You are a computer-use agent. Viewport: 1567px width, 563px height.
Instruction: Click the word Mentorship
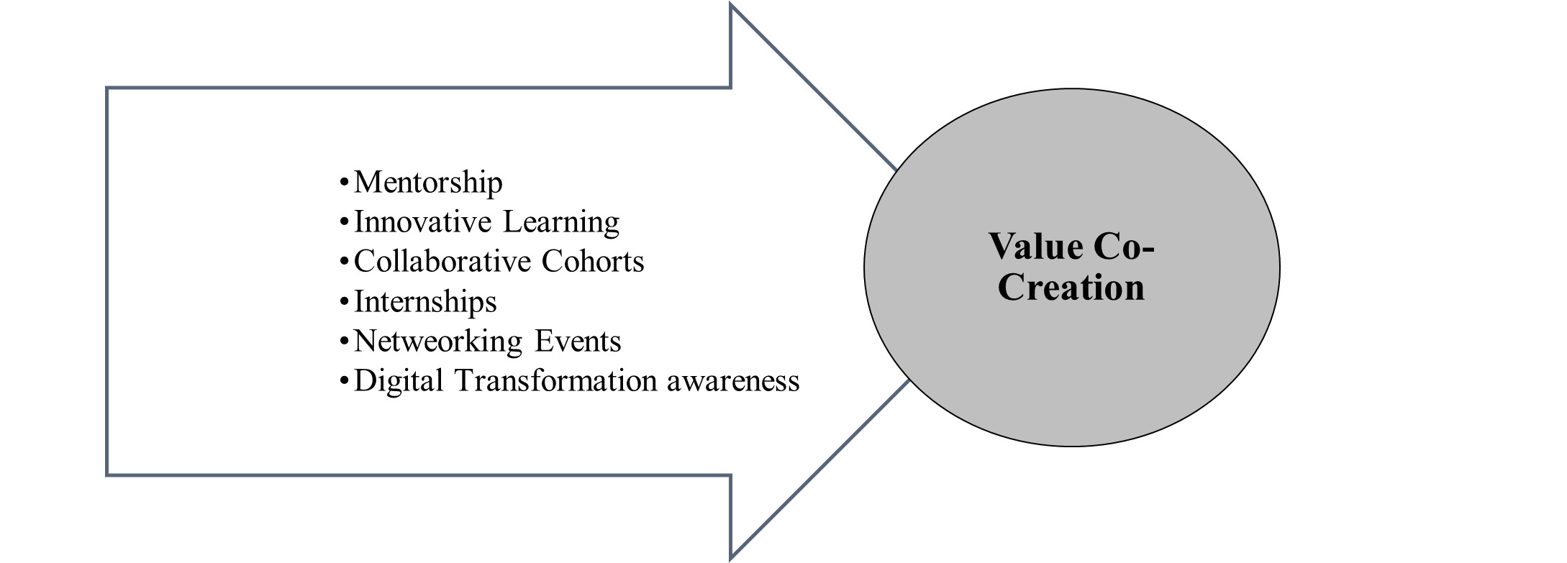click(x=428, y=183)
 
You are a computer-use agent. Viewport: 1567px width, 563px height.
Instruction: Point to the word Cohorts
click(x=593, y=262)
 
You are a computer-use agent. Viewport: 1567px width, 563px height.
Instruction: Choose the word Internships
click(x=425, y=302)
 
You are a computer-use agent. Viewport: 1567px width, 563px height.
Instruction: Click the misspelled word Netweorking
click(x=437, y=342)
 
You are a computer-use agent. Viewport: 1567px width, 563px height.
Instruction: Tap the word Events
click(x=578, y=342)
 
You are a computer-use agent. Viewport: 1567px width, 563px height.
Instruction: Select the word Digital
click(x=399, y=382)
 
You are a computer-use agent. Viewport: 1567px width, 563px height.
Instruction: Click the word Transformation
click(x=556, y=381)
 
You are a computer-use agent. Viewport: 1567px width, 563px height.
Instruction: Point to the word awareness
click(x=733, y=382)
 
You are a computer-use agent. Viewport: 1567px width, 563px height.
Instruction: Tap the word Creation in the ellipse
click(x=1071, y=288)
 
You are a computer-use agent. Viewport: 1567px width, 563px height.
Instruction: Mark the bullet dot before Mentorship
click(x=344, y=183)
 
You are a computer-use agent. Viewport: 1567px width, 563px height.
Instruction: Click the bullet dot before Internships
click(x=344, y=302)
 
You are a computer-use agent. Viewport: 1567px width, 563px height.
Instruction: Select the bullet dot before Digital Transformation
click(x=344, y=381)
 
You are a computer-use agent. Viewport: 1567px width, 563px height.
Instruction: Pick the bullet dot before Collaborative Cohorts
click(x=344, y=262)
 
